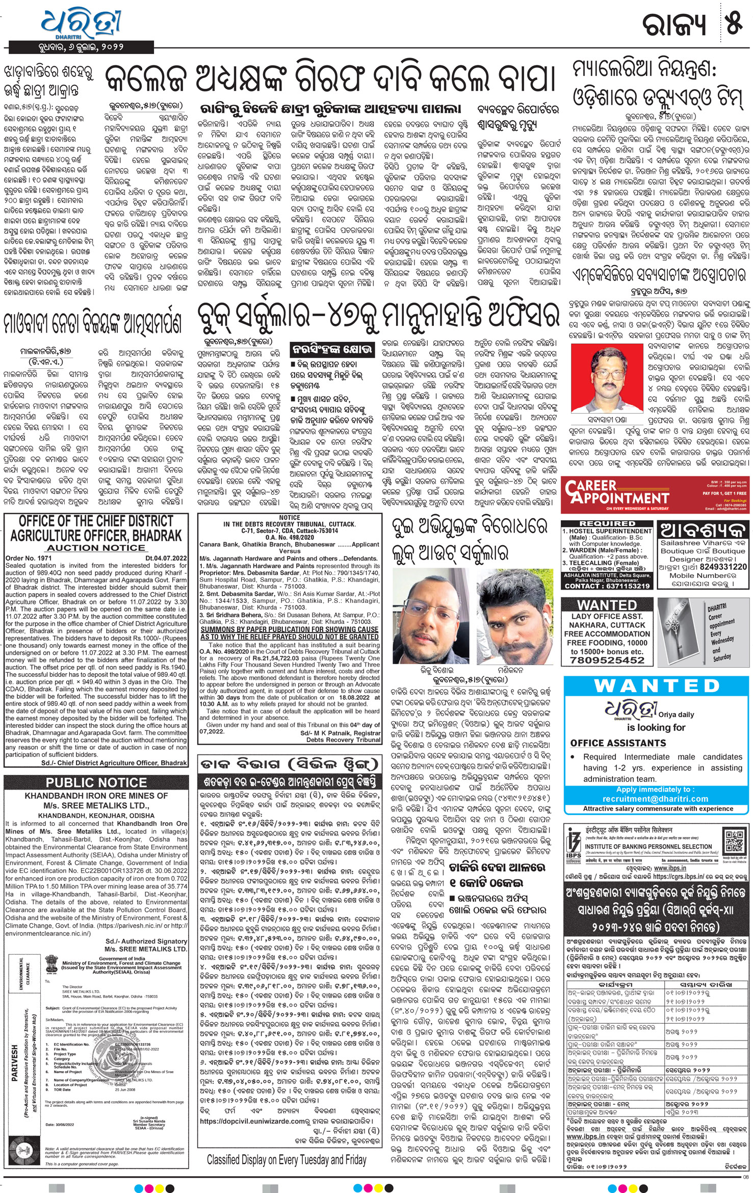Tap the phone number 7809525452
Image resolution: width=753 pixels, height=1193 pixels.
pyautogui.click(x=608, y=660)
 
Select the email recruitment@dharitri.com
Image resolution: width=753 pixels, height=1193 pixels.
pyautogui.click(x=655, y=799)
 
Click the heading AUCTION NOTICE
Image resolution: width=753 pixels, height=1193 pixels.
pyautogui.click(x=96, y=548)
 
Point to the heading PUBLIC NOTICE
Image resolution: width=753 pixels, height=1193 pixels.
pyautogui.click(x=96, y=783)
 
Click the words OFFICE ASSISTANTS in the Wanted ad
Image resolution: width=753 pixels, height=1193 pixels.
pyautogui.click(x=618, y=743)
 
